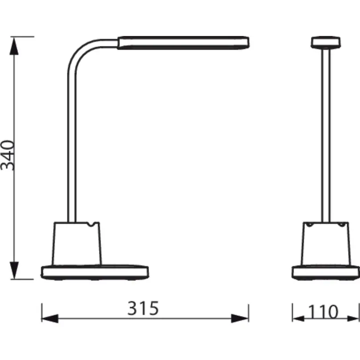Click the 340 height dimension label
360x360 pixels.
(x=8, y=155)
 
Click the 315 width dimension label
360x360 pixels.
(x=143, y=308)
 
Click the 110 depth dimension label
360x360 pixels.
(x=323, y=312)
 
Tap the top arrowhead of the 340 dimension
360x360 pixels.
(x=14, y=46)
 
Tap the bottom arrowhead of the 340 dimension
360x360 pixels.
(x=14, y=270)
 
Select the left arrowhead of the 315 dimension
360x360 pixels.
(x=50, y=318)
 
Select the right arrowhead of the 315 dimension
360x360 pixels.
(x=240, y=318)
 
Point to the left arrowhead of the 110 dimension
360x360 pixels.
(x=299, y=318)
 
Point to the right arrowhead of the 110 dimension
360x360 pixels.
(x=352, y=318)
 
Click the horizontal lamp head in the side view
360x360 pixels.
(x=183, y=43)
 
